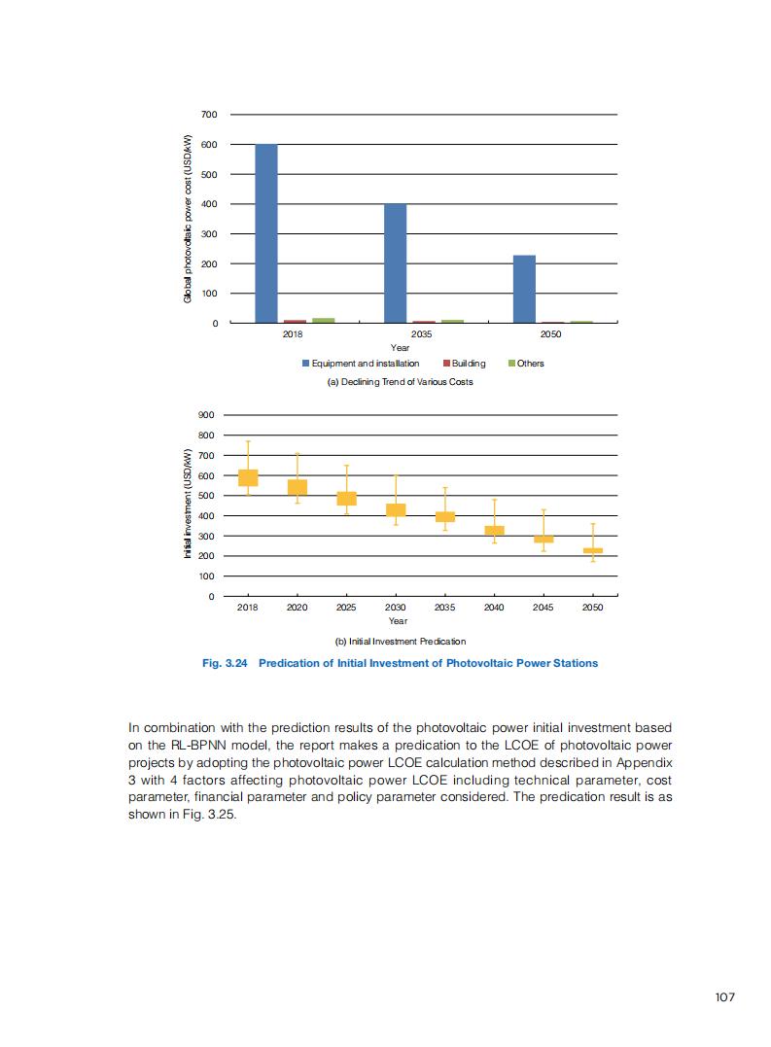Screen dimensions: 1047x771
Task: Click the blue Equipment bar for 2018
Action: pos(266,233)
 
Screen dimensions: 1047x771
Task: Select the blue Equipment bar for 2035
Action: pos(395,262)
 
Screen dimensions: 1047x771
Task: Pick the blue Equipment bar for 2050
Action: pos(524,289)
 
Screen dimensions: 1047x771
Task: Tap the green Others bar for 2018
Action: pos(323,320)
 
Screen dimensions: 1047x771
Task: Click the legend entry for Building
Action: pos(464,364)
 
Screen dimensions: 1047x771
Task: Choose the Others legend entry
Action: pos(526,364)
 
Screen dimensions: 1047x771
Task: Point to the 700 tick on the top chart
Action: pos(209,115)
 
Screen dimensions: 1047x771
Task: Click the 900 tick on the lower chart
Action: pos(206,415)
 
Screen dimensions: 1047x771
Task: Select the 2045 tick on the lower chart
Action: pos(543,607)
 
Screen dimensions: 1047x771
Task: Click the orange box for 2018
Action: pos(248,477)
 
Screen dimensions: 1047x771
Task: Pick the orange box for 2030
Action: pos(396,509)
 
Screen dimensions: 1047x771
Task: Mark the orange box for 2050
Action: pos(593,550)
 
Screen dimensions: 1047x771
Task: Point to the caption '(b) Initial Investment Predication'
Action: pos(400,642)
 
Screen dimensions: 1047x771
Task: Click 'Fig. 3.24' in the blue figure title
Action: pos(225,663)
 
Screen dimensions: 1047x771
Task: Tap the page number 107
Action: pos(722,997)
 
